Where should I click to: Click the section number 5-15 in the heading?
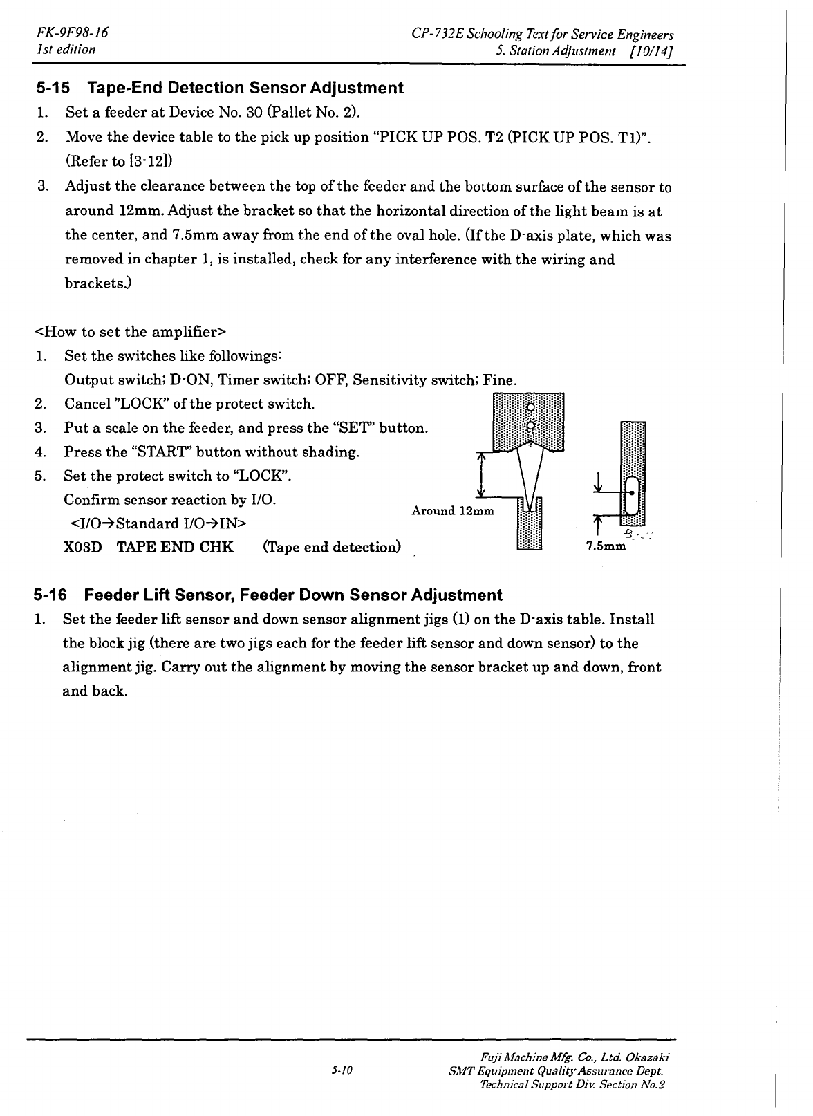(54, 89)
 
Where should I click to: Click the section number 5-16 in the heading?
(53, 595)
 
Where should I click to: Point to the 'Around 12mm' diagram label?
(453, 511)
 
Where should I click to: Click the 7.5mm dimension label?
(606, 547)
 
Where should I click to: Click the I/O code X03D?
(82, 548)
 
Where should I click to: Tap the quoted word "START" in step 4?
(161, 452)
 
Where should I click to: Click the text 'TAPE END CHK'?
(175, 548)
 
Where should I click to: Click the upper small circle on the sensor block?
(530, 407)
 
